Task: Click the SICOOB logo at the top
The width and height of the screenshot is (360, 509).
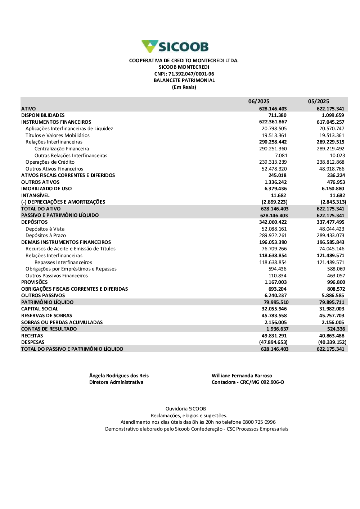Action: pyautogui.click(x=175, y=47)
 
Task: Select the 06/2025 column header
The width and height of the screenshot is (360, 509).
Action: pyautogui.click(x=258, y=101)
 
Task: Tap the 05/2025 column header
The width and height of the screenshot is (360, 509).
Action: pyautogui.click(x=318, y=101)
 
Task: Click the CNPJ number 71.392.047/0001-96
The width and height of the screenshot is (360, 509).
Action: pyautogui.click(x=191, y=74)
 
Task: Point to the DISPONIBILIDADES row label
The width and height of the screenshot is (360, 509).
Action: pyautogui.click(x=43, y=115)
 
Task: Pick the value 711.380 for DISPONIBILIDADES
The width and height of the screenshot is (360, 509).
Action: pyautogui.click(x=277, y=115)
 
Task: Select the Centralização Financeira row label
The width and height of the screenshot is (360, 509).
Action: pyautogui.click(x=62, y=149)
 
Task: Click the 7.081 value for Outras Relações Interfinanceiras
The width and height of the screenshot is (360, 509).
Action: pyautogui.click(x=281, y=156)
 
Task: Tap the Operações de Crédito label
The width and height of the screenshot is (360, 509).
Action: pyautogui.click(x=50, y=162)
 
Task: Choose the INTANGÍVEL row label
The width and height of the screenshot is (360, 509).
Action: pyautogui.click(x=35, y=196)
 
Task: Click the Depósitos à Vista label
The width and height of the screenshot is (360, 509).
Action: pyautogui.click(x=45, y=229)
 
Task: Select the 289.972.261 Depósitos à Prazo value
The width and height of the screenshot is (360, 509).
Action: pyautogui.click(x=273, y=236)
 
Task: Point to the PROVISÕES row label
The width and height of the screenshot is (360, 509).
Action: pyautogui.click(x=34, y=282)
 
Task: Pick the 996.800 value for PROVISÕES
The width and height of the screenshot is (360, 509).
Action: pyautogui.click(x=336, y=282)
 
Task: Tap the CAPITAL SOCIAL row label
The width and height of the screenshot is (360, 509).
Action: pyautogui.click(x=40, y=309)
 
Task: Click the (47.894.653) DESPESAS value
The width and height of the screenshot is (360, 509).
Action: pyautogui.click(x=273, y=342)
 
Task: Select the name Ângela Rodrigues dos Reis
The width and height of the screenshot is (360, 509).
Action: pyautogui.click(x=119, y=376)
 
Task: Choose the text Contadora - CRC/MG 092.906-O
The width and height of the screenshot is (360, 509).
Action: pyautogui.click(x=248, y=382)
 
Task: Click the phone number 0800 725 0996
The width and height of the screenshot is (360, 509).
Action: pyautogui.click(x=259, y=422)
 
